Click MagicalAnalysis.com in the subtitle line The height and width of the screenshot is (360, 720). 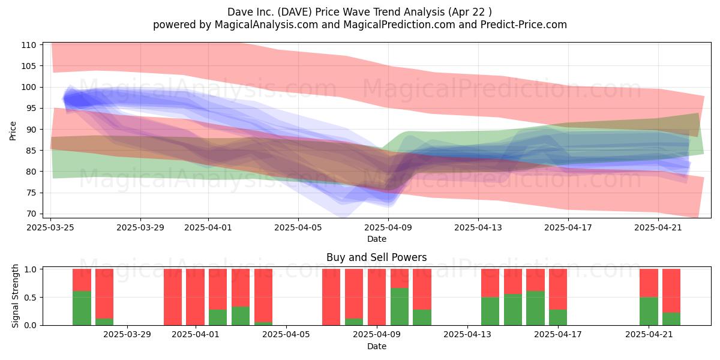tap(266, 25)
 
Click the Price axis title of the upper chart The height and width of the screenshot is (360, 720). tap(13, 131)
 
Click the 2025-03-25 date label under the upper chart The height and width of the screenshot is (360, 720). tap(50, 227)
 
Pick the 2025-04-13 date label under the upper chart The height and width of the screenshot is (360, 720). tap(478, 227)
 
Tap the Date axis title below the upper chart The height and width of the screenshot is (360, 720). tap(377, 239)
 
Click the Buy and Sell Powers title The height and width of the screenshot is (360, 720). tap(377, 257)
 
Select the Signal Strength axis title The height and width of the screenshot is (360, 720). tap(15, 296)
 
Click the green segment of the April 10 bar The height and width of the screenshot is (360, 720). tap(400, 307)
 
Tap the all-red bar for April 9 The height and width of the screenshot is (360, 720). tap(377, 297)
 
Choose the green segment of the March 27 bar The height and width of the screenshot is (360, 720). tap(104, 322)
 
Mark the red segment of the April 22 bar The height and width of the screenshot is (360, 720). tap(671, 290)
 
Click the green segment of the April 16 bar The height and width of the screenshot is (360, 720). tap(535, 308)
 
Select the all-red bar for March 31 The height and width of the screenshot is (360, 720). tap(173, 297)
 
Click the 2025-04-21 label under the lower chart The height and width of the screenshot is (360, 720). tap(649, 335)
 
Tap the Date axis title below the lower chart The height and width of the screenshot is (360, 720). tap(377, 346)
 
